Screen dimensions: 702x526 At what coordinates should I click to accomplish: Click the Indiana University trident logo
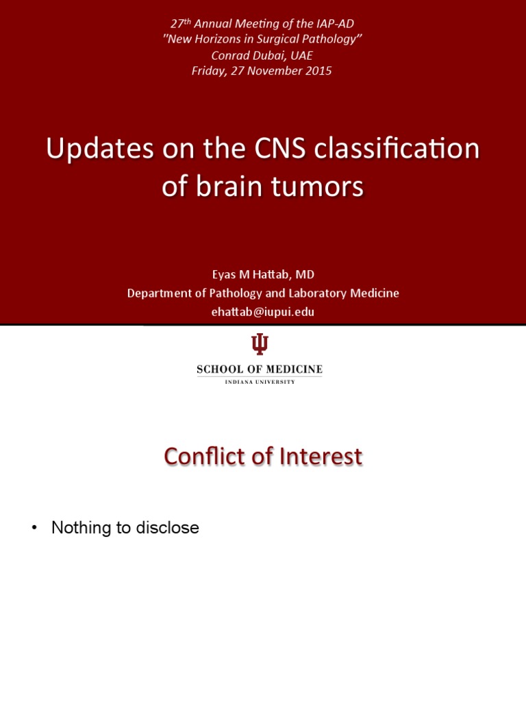(x=260, y=345)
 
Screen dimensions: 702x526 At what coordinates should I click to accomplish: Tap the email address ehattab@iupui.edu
(x=263, y=311)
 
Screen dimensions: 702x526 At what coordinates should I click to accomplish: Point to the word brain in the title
(x=229, y=186)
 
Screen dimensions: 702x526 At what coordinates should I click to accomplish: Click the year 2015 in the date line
(x=319, y=71)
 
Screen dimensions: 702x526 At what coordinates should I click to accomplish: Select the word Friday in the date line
(x=212, y=71)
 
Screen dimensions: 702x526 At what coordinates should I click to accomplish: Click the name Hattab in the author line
(x=271, y=275)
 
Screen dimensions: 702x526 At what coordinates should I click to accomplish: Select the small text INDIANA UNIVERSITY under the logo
(x=260, y=382)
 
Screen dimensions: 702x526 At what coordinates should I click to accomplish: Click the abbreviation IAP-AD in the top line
(x=334, y=24)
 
